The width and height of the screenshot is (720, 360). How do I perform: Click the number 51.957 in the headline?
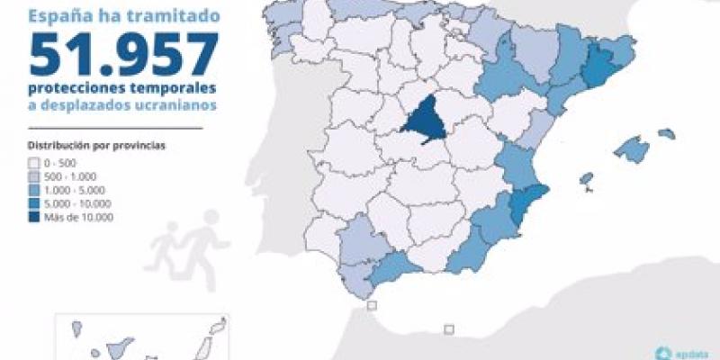[121, 55]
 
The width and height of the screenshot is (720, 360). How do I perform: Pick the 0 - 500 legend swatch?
[33, 163]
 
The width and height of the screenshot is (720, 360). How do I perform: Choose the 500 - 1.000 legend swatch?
[33, 176]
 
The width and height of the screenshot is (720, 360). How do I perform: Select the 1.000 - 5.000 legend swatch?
[33, 190]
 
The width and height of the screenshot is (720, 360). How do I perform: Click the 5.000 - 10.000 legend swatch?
[33, 203]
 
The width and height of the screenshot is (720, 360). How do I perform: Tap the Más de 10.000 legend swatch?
[33, 217]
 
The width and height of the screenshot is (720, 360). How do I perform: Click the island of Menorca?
[666, 134]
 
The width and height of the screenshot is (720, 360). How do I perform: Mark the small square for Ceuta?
[373, 307]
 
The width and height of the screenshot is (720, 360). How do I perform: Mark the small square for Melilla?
[451, 330]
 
